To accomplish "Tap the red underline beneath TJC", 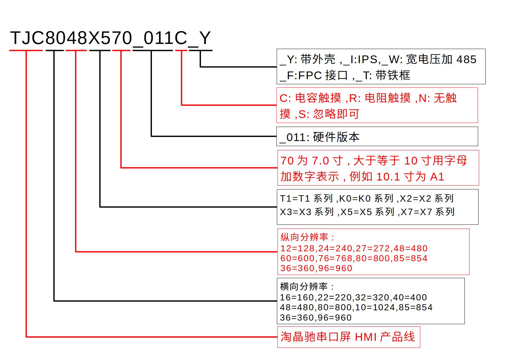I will (26, 50).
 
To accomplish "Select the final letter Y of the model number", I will (205, 38).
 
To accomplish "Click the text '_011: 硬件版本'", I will (320, 137).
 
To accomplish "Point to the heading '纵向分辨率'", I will (305, 237).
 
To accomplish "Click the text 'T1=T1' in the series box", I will (295, 198).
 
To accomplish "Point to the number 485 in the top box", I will (466, 59).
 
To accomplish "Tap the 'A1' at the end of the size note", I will (437, 177).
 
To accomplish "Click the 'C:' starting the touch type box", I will (285, 98).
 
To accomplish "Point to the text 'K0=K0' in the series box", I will (354, 198).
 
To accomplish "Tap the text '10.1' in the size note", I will (388, 177).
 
